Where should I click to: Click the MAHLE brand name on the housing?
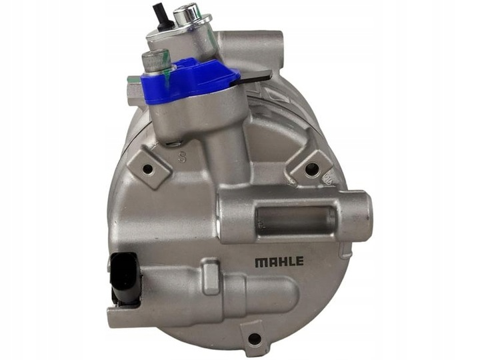pos(279,261)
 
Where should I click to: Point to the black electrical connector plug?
pos(125,279)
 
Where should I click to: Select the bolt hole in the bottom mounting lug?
pos(254,338)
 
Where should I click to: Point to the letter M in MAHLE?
pos(260,261)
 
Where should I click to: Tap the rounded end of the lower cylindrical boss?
pos(287,294)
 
